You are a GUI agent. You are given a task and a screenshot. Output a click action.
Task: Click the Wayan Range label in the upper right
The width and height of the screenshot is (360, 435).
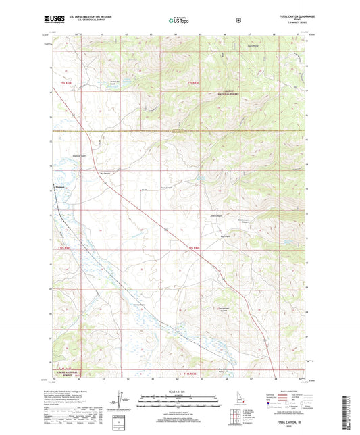point(272,45)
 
